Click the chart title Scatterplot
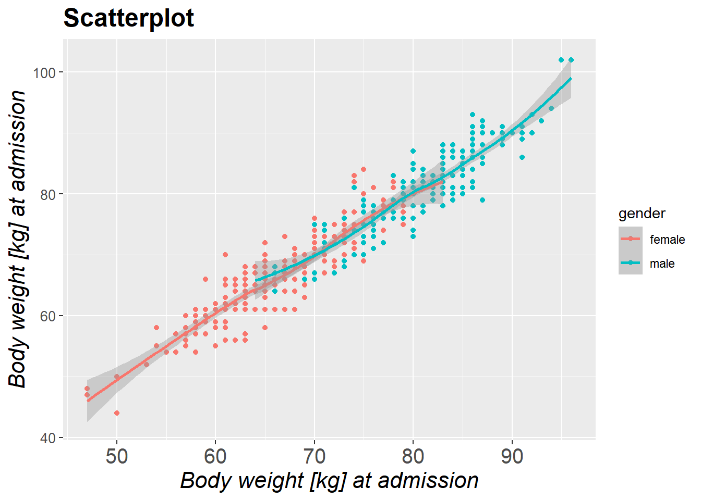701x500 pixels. (x=128, y=18)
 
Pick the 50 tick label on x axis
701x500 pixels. (x=117, y=457)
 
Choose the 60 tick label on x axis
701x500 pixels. (x=215, y=457)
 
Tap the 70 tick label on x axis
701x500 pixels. (x=315, y=457)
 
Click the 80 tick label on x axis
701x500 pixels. (x=413, y=457)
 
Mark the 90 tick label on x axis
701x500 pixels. (x=512, y=457)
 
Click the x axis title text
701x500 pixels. (x=329, y=480)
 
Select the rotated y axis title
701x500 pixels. (x=18, y=239)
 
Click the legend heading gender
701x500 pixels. (x=642, y=214)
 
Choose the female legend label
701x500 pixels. (x=667, y=240)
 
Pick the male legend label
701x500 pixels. (x=662, y=264)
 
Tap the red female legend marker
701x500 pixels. (x=631, y=239)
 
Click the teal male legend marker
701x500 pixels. (x=631, y=263)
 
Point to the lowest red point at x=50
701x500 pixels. (x=117, y=413)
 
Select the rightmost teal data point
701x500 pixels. (x=571, y=60)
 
